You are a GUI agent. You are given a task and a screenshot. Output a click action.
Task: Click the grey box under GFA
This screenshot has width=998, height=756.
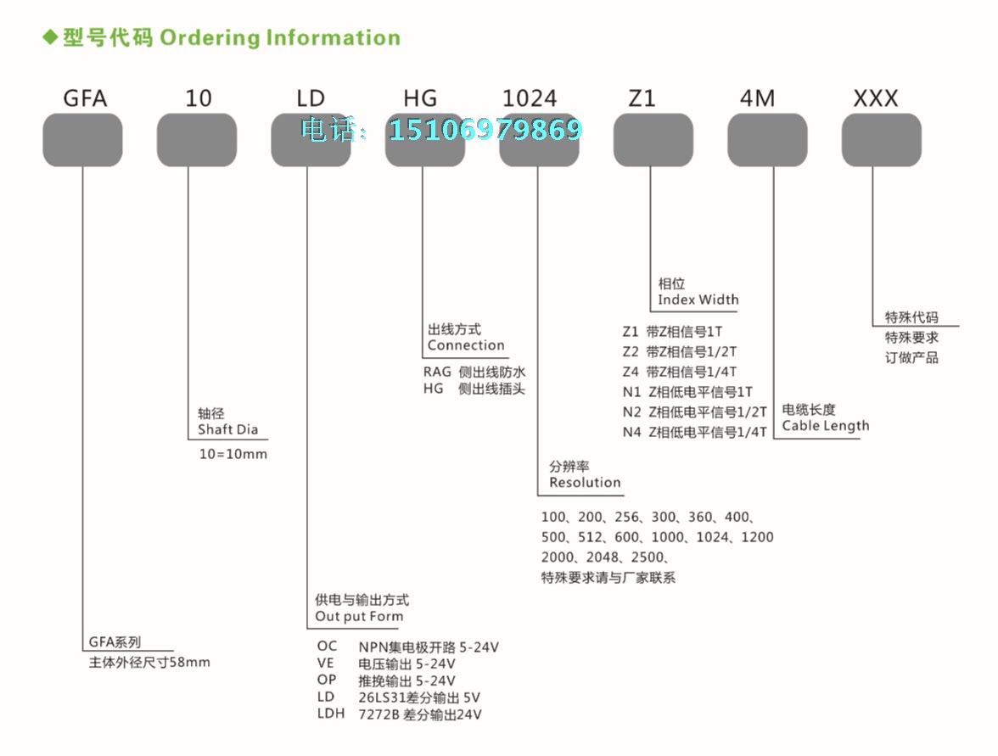click(82, 140)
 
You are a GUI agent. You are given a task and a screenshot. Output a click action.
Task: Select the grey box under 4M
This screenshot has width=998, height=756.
click(767, 140)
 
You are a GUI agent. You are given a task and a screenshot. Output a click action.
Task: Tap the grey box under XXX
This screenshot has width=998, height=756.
click(881, 140)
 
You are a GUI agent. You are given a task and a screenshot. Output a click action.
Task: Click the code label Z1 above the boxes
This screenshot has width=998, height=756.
click(642, 98)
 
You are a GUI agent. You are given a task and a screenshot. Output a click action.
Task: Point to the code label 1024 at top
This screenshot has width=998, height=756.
click(530, 98)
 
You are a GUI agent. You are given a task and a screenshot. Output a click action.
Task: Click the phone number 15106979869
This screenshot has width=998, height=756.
click(485, 130)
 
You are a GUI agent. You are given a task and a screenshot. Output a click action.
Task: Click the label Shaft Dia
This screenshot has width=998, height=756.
click(227, 429)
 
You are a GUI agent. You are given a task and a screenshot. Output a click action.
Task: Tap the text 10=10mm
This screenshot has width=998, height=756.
click(233, 454)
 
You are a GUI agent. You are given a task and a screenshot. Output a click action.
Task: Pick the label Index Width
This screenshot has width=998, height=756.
click(698, 300)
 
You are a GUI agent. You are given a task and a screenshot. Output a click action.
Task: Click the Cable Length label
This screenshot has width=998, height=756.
click(825, 426)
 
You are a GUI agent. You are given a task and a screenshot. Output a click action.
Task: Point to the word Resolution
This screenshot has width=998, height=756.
click(585, 483)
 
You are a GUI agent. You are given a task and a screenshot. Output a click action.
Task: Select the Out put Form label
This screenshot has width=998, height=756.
click(359, 617)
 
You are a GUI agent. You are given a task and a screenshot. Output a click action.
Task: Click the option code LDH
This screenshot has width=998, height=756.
click(330, 714)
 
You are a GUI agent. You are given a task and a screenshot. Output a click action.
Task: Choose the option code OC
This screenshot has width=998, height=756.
click(327, 647)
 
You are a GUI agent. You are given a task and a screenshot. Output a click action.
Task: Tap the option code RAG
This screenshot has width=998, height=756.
click(438, 372)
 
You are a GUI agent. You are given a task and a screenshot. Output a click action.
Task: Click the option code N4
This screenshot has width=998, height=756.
click(631, 432)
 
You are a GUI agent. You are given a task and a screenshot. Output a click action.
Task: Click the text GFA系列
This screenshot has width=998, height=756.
click(115, 642)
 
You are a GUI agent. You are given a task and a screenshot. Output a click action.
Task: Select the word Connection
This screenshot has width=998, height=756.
click(466, 345)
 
